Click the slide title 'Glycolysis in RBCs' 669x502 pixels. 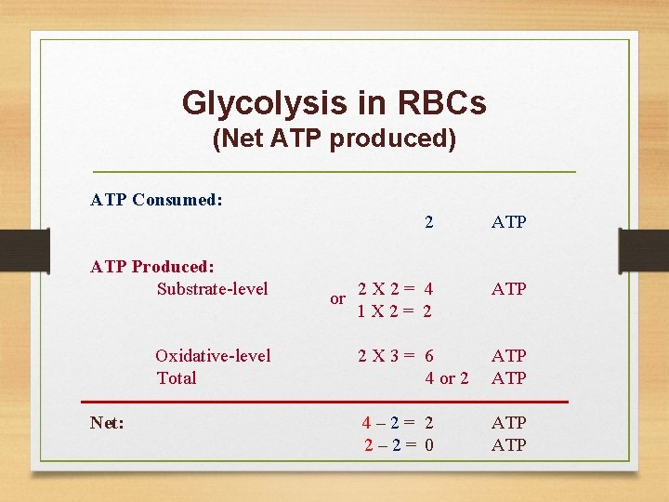pos(334,102)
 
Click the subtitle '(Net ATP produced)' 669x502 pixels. pos(334,139)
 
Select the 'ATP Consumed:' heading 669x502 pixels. pos(156,199)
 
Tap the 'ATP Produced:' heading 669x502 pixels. pos(152,267)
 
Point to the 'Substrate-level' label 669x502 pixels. pos(212,288)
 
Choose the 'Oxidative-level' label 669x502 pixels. pos(213,355)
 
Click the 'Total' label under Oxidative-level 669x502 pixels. pos(177,377)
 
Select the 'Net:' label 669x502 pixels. pos(108,423)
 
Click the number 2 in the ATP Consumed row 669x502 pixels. pos(428,222)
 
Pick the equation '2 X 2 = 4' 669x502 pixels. pos(396,288)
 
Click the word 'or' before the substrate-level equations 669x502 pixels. pos(338,299)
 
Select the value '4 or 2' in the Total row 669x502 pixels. pos(446,377)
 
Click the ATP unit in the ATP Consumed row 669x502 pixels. pos(508,222)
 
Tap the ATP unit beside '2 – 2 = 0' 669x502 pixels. pos(508,444)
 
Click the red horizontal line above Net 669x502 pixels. pos(325,402)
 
